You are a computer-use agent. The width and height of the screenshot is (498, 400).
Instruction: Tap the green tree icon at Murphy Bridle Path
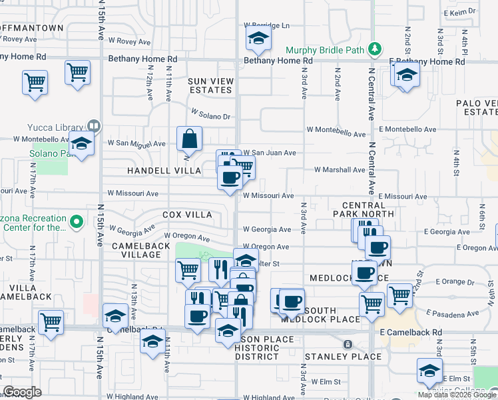pos(375,48)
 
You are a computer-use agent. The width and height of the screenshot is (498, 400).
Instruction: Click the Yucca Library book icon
pos(94,126)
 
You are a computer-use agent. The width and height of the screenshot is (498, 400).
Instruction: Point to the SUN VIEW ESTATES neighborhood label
pos(211,85)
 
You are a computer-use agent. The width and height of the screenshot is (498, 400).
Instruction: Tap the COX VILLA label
pos(187,215)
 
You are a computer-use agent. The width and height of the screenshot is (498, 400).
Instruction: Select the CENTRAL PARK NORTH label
pos(368,209)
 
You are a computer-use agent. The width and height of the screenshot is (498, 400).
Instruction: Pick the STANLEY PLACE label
pos(344,357)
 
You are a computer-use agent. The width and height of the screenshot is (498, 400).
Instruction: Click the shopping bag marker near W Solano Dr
pos(190,139)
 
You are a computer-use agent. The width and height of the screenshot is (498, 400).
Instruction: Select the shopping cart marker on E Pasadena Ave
pos(399,294)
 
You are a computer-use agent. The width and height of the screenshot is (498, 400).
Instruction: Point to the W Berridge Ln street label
pos(266,25)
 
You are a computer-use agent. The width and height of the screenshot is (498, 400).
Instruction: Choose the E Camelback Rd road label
pos(411,332)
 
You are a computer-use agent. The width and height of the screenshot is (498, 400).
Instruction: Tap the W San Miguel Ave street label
pos(136,143)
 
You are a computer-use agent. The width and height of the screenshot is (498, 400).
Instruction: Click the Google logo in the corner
pos(22,392)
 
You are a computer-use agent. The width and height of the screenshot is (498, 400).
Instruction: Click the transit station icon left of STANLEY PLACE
pos(347,344)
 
